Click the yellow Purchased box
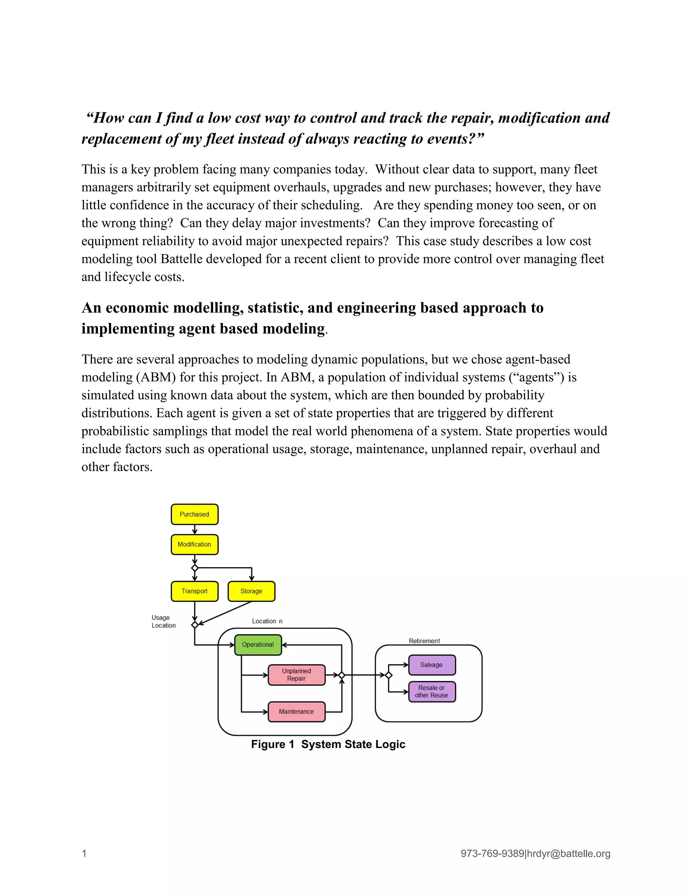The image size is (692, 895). pyautogui.click(x=194, y=514)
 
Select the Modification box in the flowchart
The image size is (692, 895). pyautogui.click(x=194, y=544)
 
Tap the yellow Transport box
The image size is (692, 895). pyautogui.click(x=194, y=591)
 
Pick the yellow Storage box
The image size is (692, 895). pyautogui.click(x=251, y=591)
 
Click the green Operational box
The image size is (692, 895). pyautogui.click(x=258, y=645)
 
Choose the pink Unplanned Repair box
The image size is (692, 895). pyautogui.click(x=296, y=674)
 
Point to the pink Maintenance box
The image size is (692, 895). pyautogui.click(x=296, y=711)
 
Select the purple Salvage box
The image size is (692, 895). pyautogui.click(x=432, y=665)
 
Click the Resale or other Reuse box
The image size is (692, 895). pyautogui.click(x=432, y=691)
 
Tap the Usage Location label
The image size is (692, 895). pyautogui.click(x=163, y=621)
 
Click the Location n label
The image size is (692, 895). pyautogui.click(x=267, y=621)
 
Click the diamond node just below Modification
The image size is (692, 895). pyautogui.click(x=195, y=568)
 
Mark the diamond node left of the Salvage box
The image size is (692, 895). pyautogui.click(x=389, y=675)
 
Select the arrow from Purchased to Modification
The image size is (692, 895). pyautogui.click(x=195, y=530)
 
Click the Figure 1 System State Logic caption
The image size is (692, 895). pyautogui.click(x=328, y=744)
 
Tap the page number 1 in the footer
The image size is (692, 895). pyautogui.click(x=84, y=853)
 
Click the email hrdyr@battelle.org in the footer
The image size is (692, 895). pyautogui.click(x=569, y=853)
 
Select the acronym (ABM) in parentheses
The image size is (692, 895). pyautogui.click(x=157, y=377)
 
